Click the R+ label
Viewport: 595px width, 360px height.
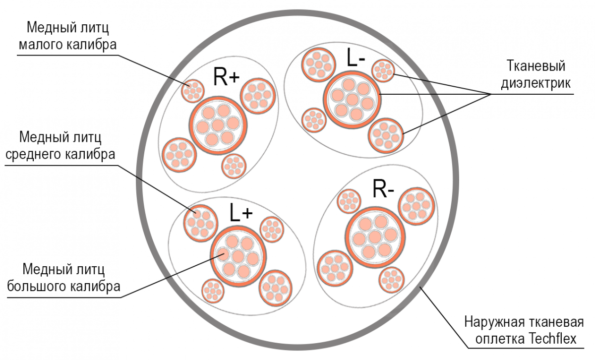[x=226, y=77]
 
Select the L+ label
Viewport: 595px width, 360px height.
[x=241, y=212]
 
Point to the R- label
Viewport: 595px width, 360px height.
[x=383, y=188]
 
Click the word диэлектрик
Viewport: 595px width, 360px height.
[x=535, y=83]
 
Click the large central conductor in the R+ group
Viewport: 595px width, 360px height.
[x=218, y=125]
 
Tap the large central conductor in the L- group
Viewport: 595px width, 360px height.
[x=352, y=100]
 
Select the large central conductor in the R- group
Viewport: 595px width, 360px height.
[x=375, y=237]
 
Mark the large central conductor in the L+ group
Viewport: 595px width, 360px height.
[x=238, y=256]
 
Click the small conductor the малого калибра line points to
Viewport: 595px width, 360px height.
[x=193, y=91]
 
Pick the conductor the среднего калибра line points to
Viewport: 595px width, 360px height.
[x=200, y=223]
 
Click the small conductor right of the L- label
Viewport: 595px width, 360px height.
[x=383, y=70]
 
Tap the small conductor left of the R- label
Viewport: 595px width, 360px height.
[x=349, y=201]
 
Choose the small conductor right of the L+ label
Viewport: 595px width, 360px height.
[x=272, y=229]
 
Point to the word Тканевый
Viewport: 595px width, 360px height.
[x=536, y=66]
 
